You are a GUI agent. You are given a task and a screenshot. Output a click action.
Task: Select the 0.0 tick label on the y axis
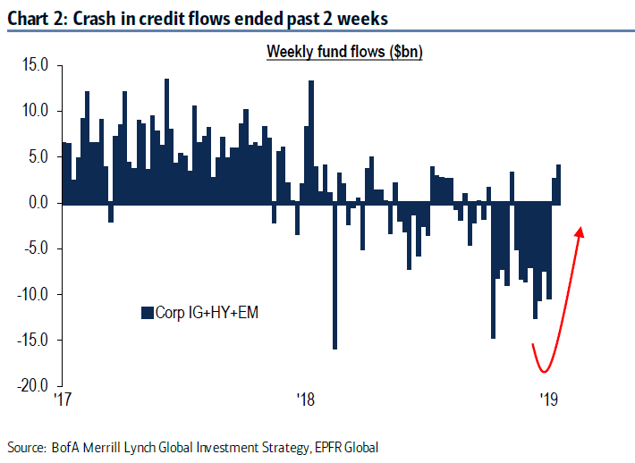(38, 203)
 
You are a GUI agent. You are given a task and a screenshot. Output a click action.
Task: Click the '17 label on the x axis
(62, 398)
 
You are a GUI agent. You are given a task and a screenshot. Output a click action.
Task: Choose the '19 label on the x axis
(547, 398)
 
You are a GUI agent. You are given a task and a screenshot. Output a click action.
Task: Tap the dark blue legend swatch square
(148, 312)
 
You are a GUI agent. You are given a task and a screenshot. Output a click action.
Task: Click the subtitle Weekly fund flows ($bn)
(344, 52)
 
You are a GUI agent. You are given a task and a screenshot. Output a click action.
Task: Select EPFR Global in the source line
(359, 446)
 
